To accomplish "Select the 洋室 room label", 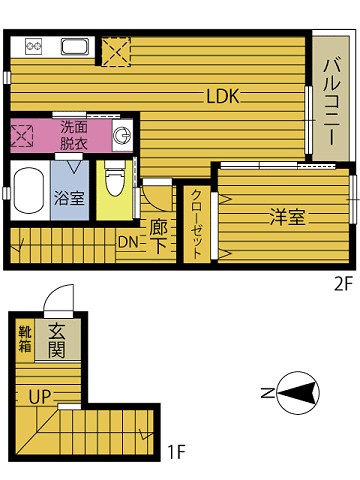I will coord(286,217).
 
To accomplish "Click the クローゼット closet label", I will coord(196,224).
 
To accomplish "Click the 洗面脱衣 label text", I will coord(73,134).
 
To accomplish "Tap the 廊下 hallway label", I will coord(158,234).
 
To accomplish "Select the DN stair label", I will coord(128,242).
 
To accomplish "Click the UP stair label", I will coord(40,395).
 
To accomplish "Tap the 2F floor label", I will coord(343,283).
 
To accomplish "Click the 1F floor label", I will coord(176,451).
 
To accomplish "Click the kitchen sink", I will coord(75,46).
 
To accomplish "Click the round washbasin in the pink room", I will coord(122,135).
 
